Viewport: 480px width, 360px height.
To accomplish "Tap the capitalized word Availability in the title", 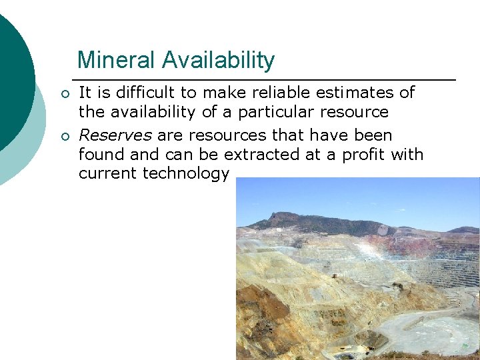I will [219, 61].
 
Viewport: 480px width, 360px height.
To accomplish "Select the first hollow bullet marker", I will [64, 93].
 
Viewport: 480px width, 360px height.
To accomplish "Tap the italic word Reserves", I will [115, 135].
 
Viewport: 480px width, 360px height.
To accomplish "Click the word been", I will [373, 135].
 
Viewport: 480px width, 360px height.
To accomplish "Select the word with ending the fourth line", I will [408, 155].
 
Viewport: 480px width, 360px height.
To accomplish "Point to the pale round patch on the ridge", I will [383, 230].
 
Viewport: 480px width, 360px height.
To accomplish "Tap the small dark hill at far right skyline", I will [464, 230].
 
